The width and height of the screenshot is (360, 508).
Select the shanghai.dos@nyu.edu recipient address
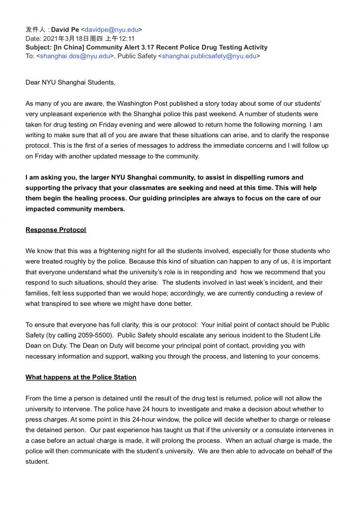click(75, 56)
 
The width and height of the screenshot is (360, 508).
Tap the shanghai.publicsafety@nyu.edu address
click(209, 56)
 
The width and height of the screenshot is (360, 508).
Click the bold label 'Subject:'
click(40, 47)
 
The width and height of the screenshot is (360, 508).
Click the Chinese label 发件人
click(36, 29)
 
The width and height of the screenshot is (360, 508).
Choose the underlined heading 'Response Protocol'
click(56, 230)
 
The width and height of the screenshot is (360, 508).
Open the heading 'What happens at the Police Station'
click(81, 377)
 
